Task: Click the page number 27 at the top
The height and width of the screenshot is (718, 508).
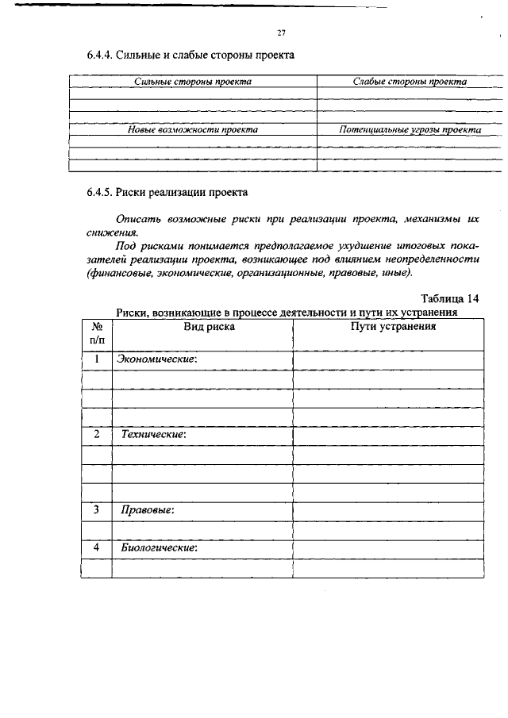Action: coord(281,33)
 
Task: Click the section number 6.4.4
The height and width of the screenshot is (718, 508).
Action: coord(100,56)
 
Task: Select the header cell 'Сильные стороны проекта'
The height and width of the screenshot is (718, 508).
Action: coord(193,82)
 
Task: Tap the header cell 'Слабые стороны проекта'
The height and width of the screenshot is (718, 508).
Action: coord(410,82)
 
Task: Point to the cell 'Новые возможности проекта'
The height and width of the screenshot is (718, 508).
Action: coord(193,129)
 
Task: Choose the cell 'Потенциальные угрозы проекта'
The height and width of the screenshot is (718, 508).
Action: coord(410,129)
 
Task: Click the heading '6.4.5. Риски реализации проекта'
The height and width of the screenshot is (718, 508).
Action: coord(167,192)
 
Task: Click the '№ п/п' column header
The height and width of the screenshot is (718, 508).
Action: coord(96,332)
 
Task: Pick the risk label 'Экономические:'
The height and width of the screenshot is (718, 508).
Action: coord(156,359)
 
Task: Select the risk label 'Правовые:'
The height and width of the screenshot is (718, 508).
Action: coord(147,510)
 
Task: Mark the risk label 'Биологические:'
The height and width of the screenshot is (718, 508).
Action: coord(158,548)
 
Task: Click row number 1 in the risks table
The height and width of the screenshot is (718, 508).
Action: coord(96,359)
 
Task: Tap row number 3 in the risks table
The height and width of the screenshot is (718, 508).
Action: coord(96,510)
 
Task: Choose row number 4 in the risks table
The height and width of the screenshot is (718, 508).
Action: coord(96,548)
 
